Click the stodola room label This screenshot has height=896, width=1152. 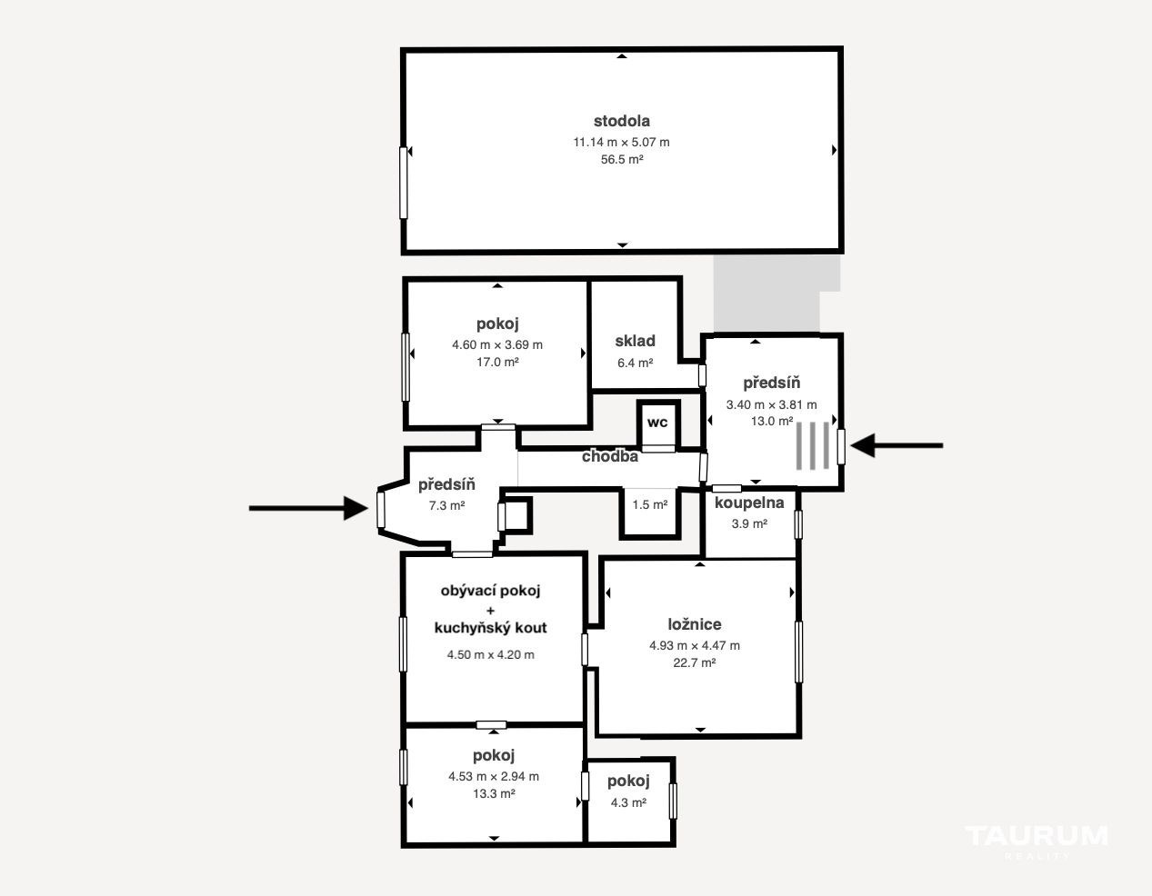(621, 122)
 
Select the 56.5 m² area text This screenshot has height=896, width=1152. (621, 160)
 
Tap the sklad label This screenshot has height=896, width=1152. (636, 341)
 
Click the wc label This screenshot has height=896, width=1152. (657, 423)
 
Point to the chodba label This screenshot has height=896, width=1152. (610, 456)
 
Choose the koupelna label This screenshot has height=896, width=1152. (749, 503)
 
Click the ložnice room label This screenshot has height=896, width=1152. (695, 624)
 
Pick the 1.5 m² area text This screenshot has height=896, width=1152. (649, 505)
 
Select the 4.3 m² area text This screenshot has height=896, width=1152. (628, 802)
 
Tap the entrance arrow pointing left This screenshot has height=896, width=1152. (897, 445)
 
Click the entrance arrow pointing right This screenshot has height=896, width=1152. (308, 508)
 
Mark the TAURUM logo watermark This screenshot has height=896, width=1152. (1037, 837)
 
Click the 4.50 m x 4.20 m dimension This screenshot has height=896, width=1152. (490, 655)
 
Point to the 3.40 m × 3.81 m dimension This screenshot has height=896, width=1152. (771, 404)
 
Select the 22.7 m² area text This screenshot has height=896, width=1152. (695, 662)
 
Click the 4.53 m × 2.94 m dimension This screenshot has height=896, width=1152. (494, 777)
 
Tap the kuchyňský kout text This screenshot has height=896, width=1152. (490, 628)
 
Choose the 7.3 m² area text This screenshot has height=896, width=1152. (447, 506)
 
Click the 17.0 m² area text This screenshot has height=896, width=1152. (497, 363)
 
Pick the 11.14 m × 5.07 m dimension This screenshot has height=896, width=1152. (621, 143)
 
